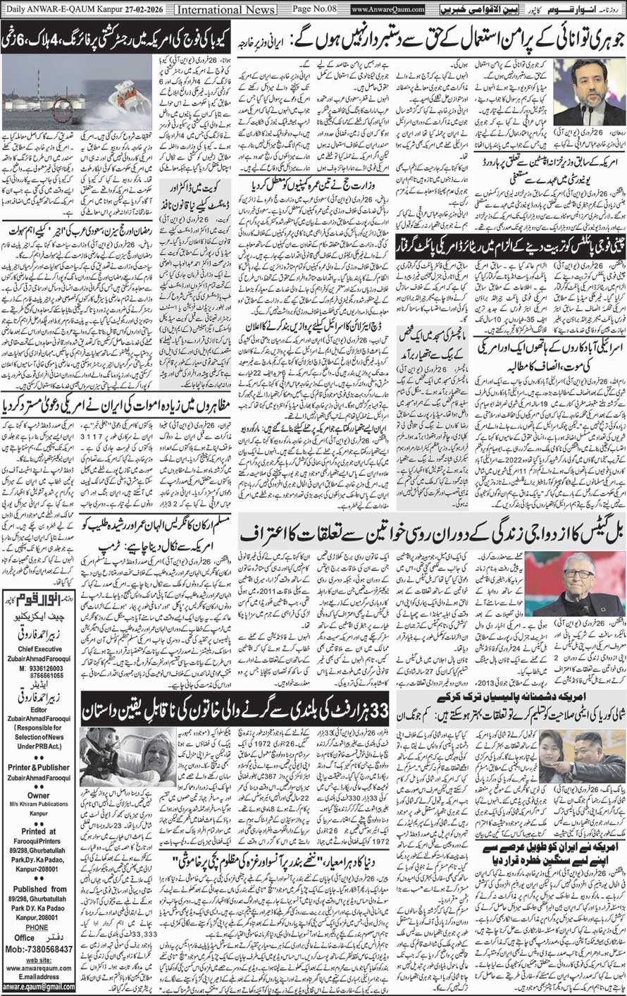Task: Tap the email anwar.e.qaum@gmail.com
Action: [x=38, y=987]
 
